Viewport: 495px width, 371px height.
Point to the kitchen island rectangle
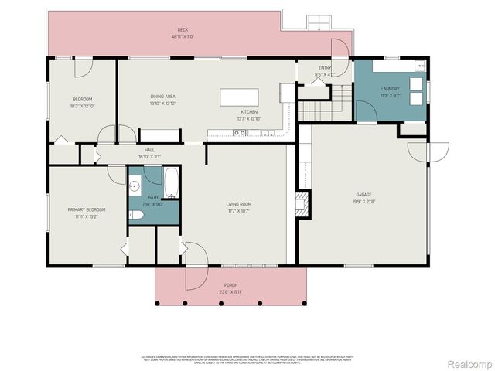point(239,97)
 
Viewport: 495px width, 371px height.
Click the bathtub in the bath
point(171,184)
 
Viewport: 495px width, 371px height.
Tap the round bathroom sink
point(135,185)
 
